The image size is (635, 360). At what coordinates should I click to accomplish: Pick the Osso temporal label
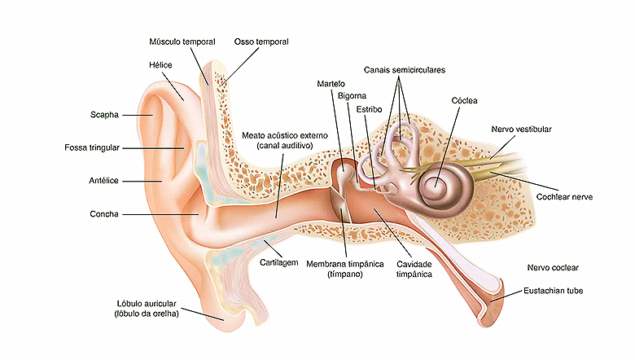261,41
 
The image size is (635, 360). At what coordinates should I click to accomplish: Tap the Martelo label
333,83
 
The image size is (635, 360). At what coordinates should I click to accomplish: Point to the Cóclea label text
464,100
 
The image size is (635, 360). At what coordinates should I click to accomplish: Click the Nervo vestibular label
522,130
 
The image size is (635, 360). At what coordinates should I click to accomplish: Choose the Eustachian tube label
553,290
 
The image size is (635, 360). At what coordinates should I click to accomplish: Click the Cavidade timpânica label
414,270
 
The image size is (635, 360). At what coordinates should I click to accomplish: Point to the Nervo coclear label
553,267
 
